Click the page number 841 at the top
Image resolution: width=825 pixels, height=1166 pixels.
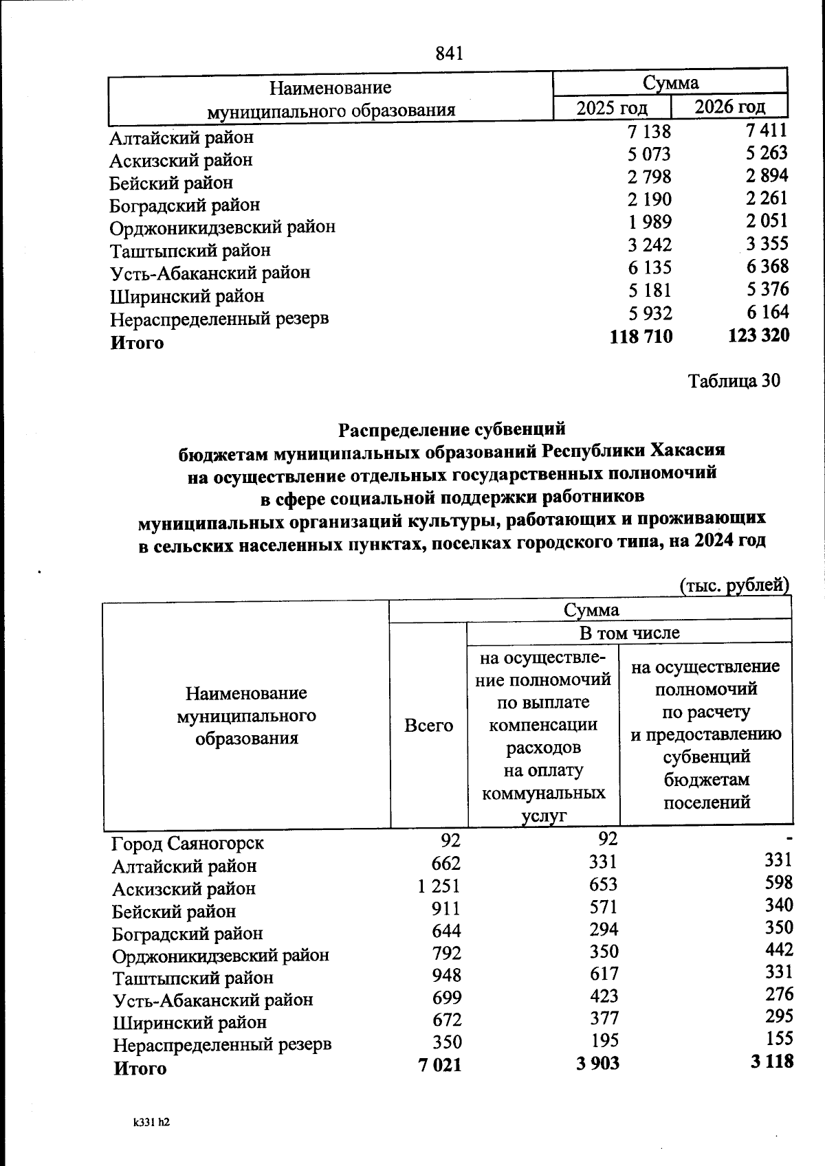[x=450, y=53]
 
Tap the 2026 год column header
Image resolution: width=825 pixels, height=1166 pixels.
[x=729, y=106]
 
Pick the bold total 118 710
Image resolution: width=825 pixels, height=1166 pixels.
[x=641, y=336]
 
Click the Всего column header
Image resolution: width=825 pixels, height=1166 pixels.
[x=428, y=725]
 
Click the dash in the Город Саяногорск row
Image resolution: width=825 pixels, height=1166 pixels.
[x=789, y=838]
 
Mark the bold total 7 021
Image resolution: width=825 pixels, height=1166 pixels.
[x=440, y=1065]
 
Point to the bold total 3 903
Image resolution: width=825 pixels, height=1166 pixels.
[x=596, y=1063]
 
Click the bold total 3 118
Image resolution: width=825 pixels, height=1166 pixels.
[x=772, y=1061]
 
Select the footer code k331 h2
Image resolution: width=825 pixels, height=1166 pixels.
[x=152, y=1123]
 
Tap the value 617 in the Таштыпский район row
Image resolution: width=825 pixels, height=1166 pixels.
[x=603, y=974]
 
